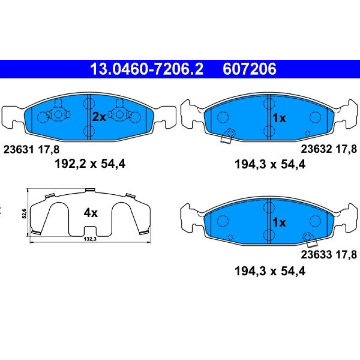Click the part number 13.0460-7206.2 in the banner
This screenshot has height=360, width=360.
tap(147, 69)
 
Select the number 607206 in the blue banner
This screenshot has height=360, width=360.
tap(249, 69)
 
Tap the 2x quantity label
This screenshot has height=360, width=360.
tap(99, 117)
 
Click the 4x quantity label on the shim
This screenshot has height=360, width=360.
tap(90, 213)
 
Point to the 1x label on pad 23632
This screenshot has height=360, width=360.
tap(279, 118)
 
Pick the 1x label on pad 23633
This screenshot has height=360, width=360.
tap(279, 222)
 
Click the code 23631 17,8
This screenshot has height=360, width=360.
tap(31, 150)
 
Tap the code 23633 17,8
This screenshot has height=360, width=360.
tap(329, 255)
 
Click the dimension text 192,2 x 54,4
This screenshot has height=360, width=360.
tap(90, 164)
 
